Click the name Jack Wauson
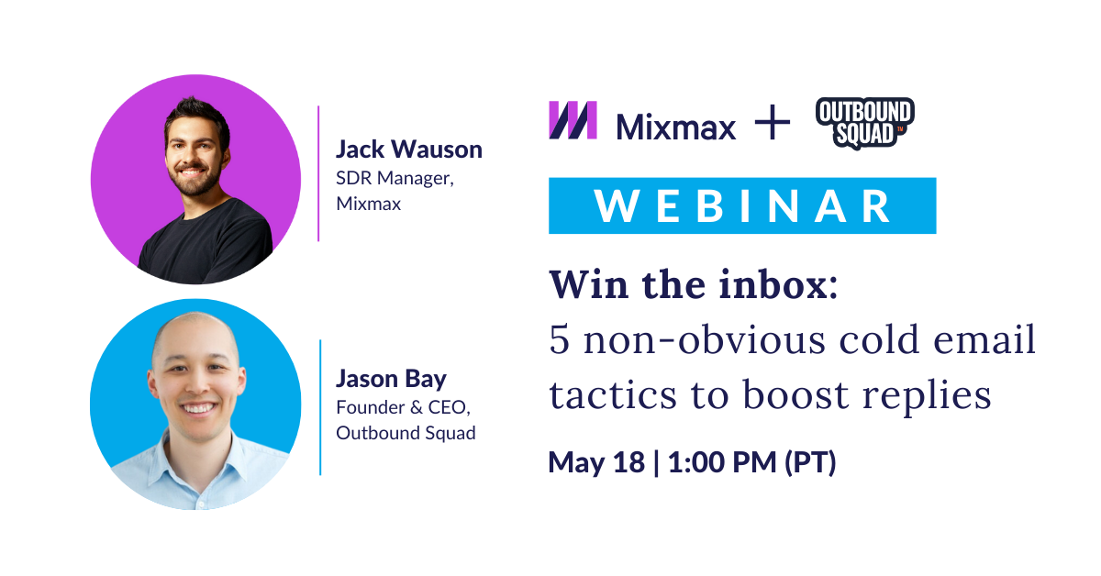408,150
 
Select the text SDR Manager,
395,178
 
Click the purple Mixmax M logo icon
573,120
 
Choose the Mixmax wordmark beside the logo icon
676,126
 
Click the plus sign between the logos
772,122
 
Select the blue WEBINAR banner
741,205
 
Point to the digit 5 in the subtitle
559,341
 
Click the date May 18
594,462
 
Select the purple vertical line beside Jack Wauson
319,173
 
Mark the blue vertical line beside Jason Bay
320,407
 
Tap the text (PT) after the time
809,462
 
